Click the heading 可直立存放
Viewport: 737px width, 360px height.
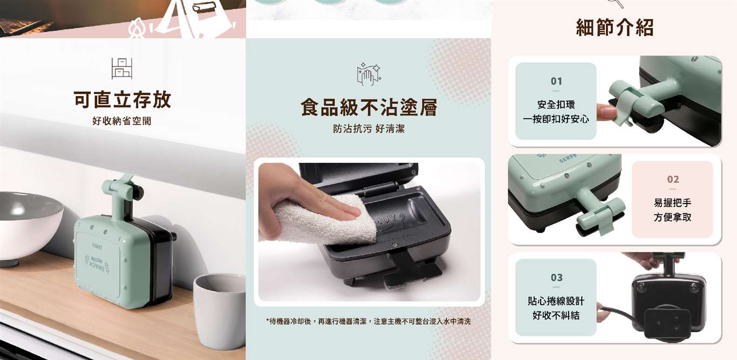122,100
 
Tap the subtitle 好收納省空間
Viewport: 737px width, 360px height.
122,121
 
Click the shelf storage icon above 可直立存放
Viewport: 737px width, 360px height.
122,69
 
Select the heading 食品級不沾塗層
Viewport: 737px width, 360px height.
369,107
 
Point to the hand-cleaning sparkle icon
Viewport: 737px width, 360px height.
369,74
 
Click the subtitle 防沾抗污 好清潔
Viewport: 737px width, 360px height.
369,128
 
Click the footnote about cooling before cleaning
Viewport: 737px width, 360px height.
368,321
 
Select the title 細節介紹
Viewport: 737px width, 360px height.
615,28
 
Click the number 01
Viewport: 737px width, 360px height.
556,81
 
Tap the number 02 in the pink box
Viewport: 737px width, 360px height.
673,179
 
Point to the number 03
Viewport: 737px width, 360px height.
556,277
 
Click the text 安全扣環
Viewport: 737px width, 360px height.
556,105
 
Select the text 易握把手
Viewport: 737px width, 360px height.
672,203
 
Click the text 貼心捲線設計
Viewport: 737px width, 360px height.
556,301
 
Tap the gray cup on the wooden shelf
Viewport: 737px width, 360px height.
220,310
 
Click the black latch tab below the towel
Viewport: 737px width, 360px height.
412,270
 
